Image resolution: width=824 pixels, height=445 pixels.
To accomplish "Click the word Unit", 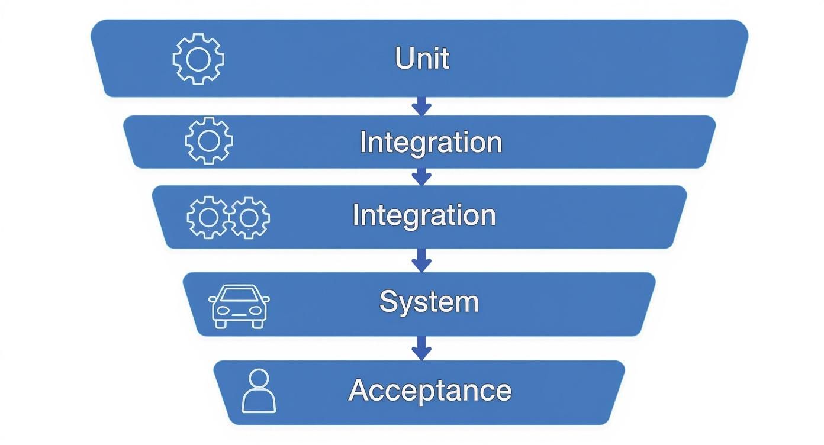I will (x=421, y=59).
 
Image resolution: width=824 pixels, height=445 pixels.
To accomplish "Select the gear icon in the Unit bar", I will (x=198, y=59).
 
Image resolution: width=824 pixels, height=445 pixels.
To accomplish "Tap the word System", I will (x=429, y=302).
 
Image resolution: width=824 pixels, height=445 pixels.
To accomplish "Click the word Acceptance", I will (x=430, y=391).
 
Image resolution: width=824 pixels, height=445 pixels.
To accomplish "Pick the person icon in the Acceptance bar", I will (x=259, y=391).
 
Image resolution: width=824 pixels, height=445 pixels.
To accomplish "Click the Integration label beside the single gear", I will (x=431, y=143).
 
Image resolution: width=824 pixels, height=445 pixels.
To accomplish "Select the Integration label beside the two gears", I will (x=424, y=215).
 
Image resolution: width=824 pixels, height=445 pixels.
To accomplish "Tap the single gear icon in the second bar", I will (x=208, y=140).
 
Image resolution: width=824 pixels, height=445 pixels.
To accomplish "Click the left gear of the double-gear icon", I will (x=207, y=218).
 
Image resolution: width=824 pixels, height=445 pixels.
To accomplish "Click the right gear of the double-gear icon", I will (x=249, y=218).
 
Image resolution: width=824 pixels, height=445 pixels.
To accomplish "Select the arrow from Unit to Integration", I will (x=421, y=106).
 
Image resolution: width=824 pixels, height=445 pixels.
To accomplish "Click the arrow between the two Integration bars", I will (x=421, y=176).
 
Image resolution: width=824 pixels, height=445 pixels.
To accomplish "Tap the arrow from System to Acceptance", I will (x=421, y=348).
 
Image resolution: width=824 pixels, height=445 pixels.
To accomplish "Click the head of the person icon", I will (x=259, y=378).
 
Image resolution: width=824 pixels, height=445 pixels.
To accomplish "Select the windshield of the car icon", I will (x=239, y=295).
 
